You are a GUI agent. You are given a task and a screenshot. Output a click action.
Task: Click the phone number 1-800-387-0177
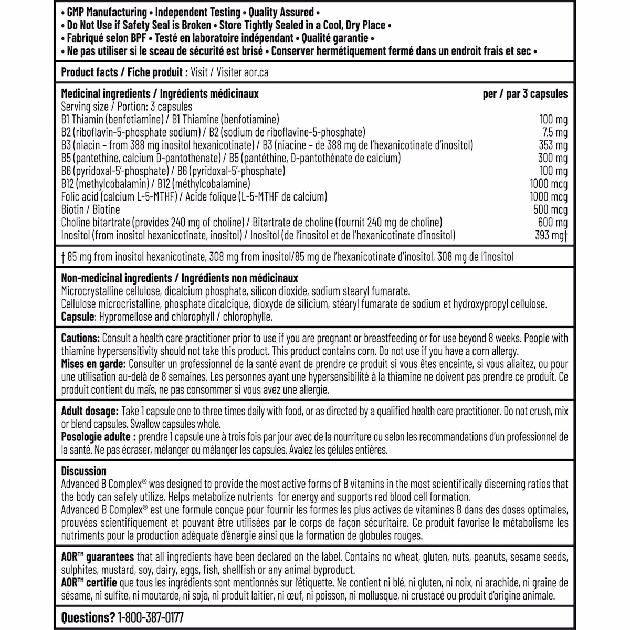pyautogui.click(x=150, y=617)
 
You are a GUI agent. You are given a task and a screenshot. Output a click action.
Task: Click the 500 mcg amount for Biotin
pyautogui.click(x=550, y=210)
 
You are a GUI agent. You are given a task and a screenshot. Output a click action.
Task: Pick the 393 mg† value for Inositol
pyautogui.click(x=551, y=236)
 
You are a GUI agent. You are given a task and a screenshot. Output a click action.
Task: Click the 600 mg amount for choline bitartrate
pyautogui.click(x=553, y=223)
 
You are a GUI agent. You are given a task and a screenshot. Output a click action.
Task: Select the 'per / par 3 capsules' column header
pyautogui.click(x=525, y=94)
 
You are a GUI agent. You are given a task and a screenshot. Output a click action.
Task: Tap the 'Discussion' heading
pyautogui.click(x=83, y=471)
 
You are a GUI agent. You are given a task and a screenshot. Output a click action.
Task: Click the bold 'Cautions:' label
pyautogui.click(x=80, y=339)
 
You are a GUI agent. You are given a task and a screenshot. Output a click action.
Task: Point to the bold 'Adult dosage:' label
pyautogui.click(x=90, y=412)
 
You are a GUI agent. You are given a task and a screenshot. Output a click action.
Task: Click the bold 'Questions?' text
pyautogui.click(x=88, y=617)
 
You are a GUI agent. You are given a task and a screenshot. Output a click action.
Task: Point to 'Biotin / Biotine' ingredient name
pyautogui.click(x=90, y=210)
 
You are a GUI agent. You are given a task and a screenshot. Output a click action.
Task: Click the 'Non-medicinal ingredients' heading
pyautogui.click(x=116, y=278)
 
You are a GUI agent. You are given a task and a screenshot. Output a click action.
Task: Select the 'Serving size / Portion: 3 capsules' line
pyautogui.click(x=127, y=107)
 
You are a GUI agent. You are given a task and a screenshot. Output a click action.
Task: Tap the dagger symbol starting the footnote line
pyautogui.click(x=63, y=257)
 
